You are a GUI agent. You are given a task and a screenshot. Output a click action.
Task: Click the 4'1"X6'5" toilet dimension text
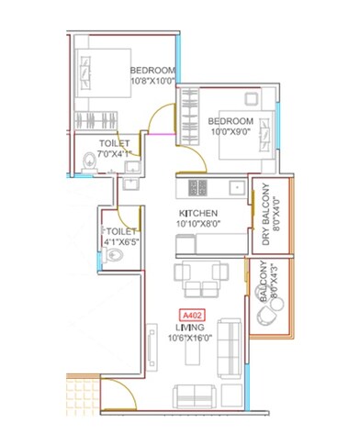121,242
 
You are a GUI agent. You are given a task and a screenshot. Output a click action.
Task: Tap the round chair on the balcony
266,316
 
